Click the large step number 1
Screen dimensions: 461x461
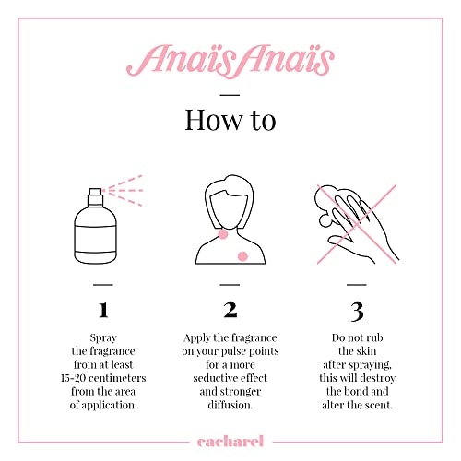(x=103, y=309)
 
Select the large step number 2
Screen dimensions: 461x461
(x=230, y=309)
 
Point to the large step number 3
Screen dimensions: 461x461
(x=357, y=309)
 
